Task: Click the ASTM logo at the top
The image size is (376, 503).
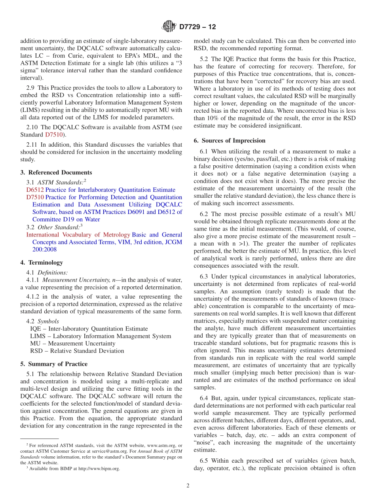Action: (x=169, y=27)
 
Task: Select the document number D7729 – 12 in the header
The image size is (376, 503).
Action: (x=197, y=27)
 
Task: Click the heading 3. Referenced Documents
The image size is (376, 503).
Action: (x=56, y=172)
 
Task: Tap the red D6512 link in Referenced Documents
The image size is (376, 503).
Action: (x=35, y=190)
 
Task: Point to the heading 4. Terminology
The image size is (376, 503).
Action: (x=42, y=263)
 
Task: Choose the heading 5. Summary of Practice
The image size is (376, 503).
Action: (x=54, y=364)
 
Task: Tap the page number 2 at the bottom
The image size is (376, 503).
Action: (x=188, y=486)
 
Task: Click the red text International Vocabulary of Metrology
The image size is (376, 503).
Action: (x=78, y=234)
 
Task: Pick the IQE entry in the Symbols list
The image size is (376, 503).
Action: (x=89, y=329)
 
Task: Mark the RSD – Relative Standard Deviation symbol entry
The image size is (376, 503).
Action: (x=77, y=351)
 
